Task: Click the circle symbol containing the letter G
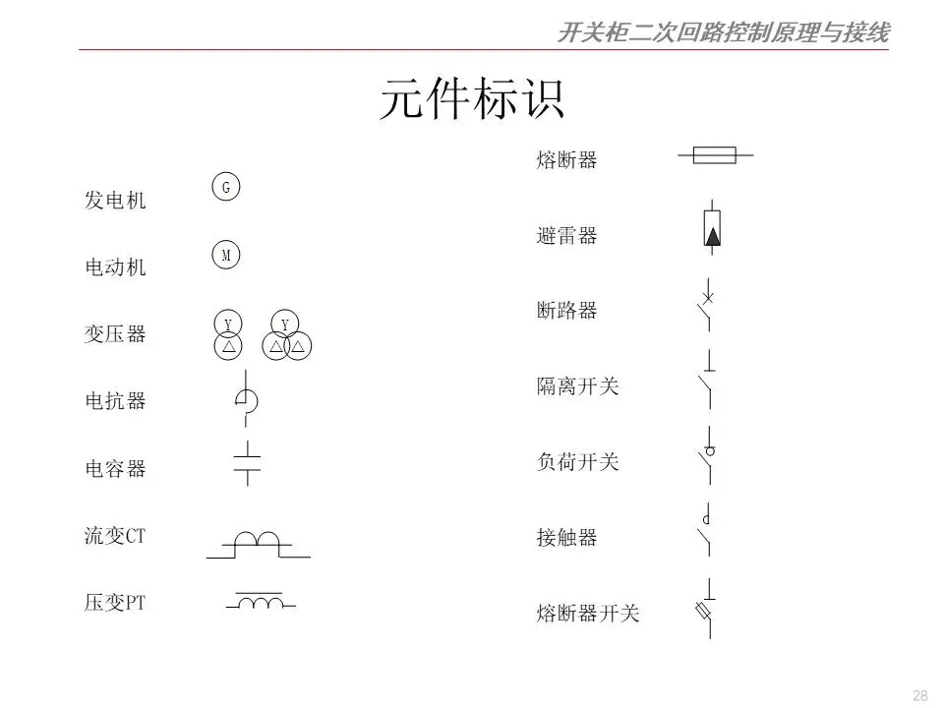click(226, 187)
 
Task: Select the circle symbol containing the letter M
click(226, 256)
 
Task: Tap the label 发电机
click(115, 201)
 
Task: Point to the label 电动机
click(115, 266)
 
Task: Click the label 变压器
click(115, 334)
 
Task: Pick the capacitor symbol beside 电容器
click(247, 463)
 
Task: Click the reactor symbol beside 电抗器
click(245, 398)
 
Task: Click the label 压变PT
click(115, 603)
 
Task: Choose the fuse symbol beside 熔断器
click(714, 154)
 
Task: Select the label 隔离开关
click(578, 386)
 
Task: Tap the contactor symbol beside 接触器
click(705, 531)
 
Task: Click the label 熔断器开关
click(588, 614)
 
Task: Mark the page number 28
click(920, 695)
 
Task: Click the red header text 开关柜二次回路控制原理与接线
click(723, 33)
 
